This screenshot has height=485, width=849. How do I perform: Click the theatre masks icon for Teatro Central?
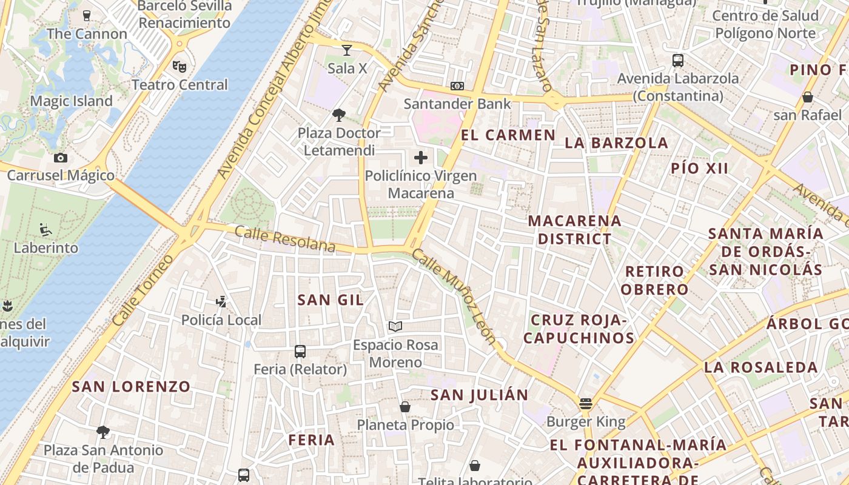point(179,65)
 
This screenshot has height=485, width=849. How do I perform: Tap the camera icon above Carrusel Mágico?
point(61,158)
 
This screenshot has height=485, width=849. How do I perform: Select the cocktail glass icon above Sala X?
point(347,50)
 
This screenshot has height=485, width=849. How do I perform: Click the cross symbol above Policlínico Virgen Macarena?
point(421,158)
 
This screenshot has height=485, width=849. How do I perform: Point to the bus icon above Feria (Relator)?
point(300,351)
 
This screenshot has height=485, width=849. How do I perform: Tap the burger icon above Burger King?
point(585,403)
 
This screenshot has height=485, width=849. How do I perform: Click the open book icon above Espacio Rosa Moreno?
point(395,327)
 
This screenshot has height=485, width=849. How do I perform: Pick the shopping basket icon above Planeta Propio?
point(405,407)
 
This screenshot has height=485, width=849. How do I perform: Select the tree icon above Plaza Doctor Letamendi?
point(339,115)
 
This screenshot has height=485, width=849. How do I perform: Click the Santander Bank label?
point(458,104)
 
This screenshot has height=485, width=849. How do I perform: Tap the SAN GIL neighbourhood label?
point(331,299)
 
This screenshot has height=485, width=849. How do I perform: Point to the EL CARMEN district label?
point(508,135)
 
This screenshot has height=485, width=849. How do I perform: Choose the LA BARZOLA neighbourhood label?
point(617,143)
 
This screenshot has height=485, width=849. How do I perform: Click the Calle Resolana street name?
point(285,238)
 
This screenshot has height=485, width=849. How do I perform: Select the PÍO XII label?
point(699,169)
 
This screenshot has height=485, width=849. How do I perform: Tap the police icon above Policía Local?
point(221,301)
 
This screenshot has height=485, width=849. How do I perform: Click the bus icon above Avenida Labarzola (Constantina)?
point(678,61)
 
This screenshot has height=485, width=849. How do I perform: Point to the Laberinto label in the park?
point(46,248)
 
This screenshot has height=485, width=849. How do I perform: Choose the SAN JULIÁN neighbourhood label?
point(480,395)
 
